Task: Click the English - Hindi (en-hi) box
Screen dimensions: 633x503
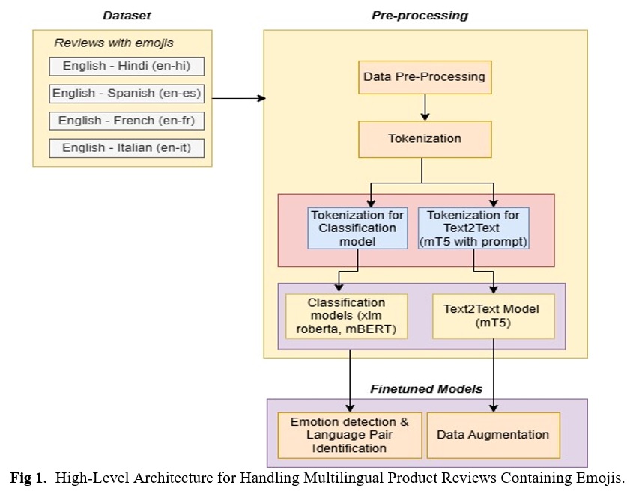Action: pos(127,66)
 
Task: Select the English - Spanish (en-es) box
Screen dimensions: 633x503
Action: pos(127,94)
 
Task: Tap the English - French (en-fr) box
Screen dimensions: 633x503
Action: pos(127,121)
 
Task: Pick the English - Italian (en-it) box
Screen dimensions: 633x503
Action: pos(127,148)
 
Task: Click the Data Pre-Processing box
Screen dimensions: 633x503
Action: pos(425,77)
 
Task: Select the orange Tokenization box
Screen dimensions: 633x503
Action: pos(425,139)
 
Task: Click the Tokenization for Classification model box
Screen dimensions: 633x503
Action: pos(357,228)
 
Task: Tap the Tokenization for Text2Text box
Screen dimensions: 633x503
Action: pos(473,228)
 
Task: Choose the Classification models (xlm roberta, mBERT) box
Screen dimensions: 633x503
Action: pos(346,316)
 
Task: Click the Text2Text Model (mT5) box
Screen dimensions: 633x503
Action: pos(494,316)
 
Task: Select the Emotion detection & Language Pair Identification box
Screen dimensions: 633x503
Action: pos(350,435)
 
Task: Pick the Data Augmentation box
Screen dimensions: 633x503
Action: pos(494,435)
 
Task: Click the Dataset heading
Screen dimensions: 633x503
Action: pos(127,16)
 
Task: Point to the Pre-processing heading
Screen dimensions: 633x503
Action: pos(420,16)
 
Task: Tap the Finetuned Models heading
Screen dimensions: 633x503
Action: pos(426,389)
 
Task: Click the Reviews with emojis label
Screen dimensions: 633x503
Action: pos(114,43)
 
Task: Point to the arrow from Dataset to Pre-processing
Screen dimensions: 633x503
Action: pos(239,98)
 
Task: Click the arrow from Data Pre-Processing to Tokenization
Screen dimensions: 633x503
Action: pos(425,107)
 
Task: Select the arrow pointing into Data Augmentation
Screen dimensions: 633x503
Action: pos(494,376)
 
